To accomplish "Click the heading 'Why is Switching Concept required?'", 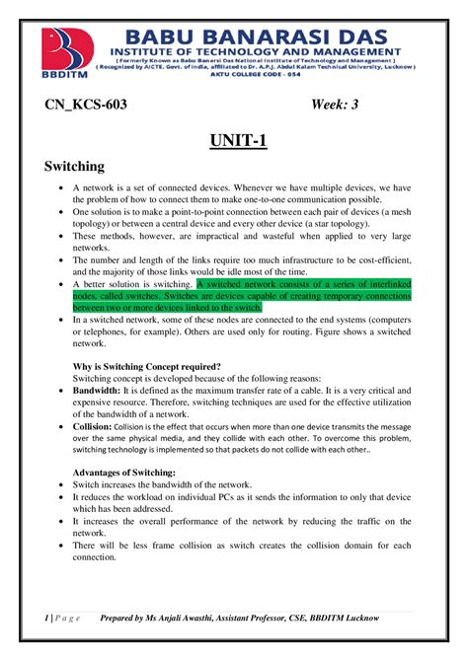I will click(x=148, y=367).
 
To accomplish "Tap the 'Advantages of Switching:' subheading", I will click(x=124, y=473).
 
